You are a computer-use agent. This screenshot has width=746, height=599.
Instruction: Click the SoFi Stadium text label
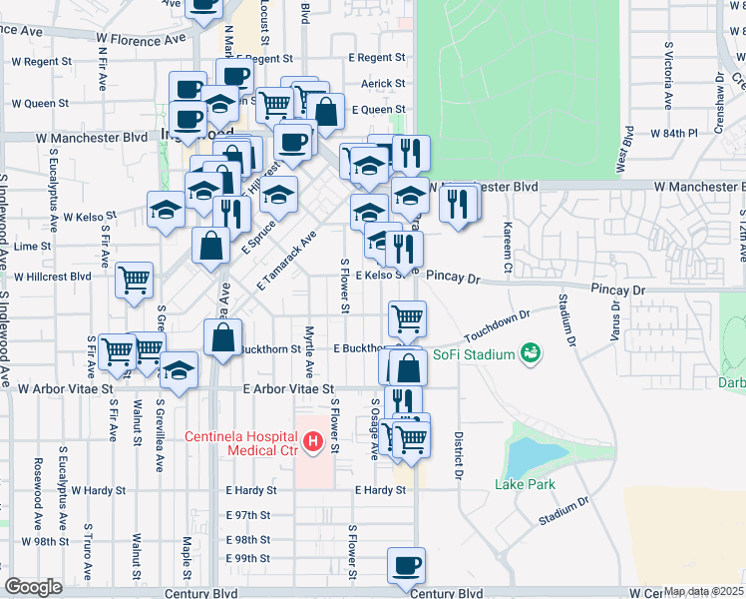click(473, 354)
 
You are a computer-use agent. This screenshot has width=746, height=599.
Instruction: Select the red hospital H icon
click(312, 440)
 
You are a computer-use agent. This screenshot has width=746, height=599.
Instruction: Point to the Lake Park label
click(523, 485)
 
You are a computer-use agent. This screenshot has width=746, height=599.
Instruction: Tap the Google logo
click(33, 587)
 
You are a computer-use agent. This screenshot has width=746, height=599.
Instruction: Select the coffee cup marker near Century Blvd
click(406, 566)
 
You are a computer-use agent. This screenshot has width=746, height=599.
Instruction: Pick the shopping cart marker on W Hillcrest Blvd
click(134, 281)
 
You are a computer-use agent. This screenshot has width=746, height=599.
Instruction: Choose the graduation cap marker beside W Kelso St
click(167, 210)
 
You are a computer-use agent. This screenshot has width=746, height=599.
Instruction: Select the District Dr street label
click(460, 454)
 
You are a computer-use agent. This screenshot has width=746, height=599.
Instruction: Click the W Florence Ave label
click(142, 40)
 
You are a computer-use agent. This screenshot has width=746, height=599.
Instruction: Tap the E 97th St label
click(248, 515)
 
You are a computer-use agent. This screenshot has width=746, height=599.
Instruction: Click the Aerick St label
click(384, 84)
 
